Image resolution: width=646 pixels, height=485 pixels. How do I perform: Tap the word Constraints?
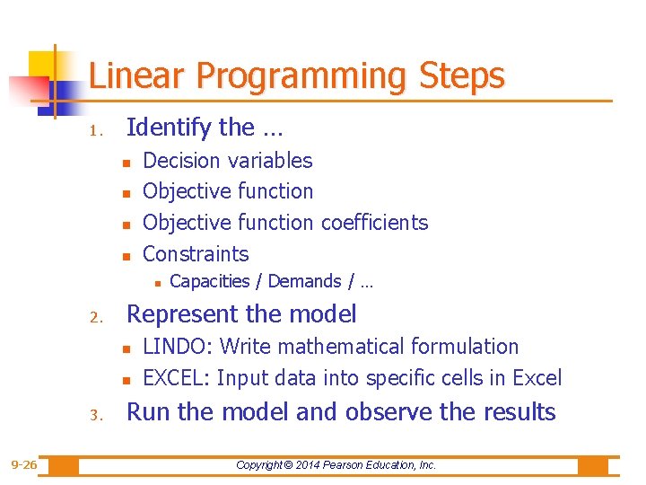click(x=196, y=253)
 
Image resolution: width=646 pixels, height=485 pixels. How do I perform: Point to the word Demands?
click(x=304, y=281)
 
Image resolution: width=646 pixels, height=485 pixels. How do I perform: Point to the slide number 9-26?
click(x=23, y=465)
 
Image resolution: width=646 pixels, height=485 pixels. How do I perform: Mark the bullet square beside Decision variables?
click(x=127, y=163)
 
